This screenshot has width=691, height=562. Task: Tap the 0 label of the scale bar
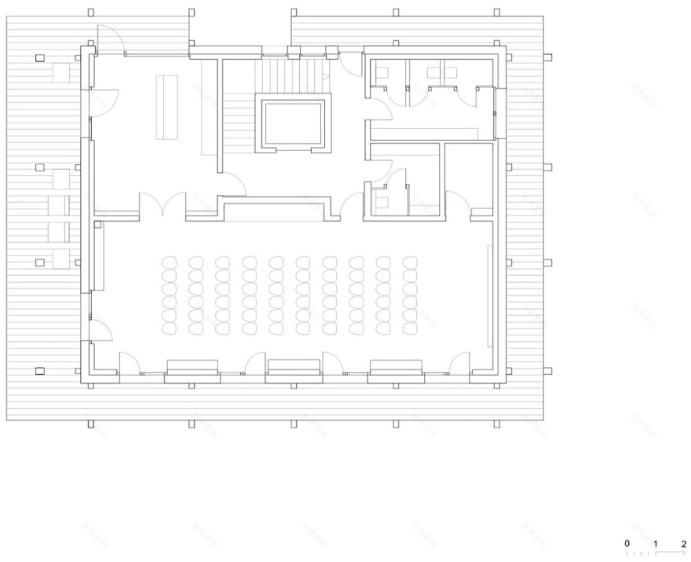pyautogui.click(x=627, y=543)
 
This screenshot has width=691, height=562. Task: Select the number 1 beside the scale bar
pyautogui.click(x=656, y=543)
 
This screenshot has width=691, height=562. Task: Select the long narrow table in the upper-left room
pyautogui.click(x=166, y=106)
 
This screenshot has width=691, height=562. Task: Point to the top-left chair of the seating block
pyautogui.click(x=169, y=263)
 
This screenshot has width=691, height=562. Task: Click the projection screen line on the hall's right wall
pyautogui.click(x=490, y=296)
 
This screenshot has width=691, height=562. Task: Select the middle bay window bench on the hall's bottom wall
pyautogui.click(x=293, y=368)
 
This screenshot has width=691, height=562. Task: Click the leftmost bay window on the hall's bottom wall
pyautogui.click(x=192, y=368)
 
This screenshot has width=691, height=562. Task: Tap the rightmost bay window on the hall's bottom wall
pyautogui.click(x=396, y=368)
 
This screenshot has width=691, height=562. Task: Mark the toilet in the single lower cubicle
pyautogui.click(x=382, y=202)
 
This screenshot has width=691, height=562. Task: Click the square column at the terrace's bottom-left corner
pyautogui.click(x=40, y=371)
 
